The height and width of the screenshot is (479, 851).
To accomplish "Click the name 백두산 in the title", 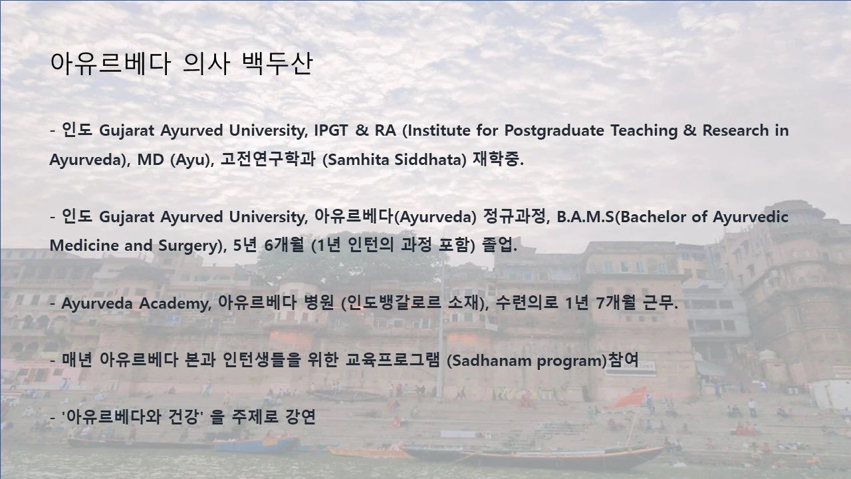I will coord(279,65).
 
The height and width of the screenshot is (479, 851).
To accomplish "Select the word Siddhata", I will coord(430,160).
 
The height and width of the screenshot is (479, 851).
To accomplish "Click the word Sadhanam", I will coord(491,361).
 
